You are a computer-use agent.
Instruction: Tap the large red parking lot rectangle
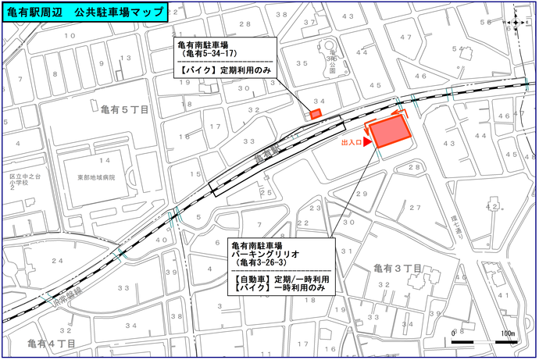click(x=391, y=133)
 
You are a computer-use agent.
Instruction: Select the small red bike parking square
click(x=316, y=114)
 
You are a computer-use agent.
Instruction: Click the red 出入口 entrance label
click(x=351, y=144)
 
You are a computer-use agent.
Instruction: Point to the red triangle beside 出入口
click(x=367, y=142)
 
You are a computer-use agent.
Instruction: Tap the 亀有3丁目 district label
click(x=398, y=269)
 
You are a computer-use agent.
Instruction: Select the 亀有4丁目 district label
click(x=52, y=344)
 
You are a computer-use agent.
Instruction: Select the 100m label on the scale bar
click(x=507, y=334)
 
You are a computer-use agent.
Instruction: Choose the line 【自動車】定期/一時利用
click(x=282, y=279)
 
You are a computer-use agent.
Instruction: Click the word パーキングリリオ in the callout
click(x=263, y=253)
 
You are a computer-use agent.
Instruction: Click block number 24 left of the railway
click(x=56, y=260)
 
